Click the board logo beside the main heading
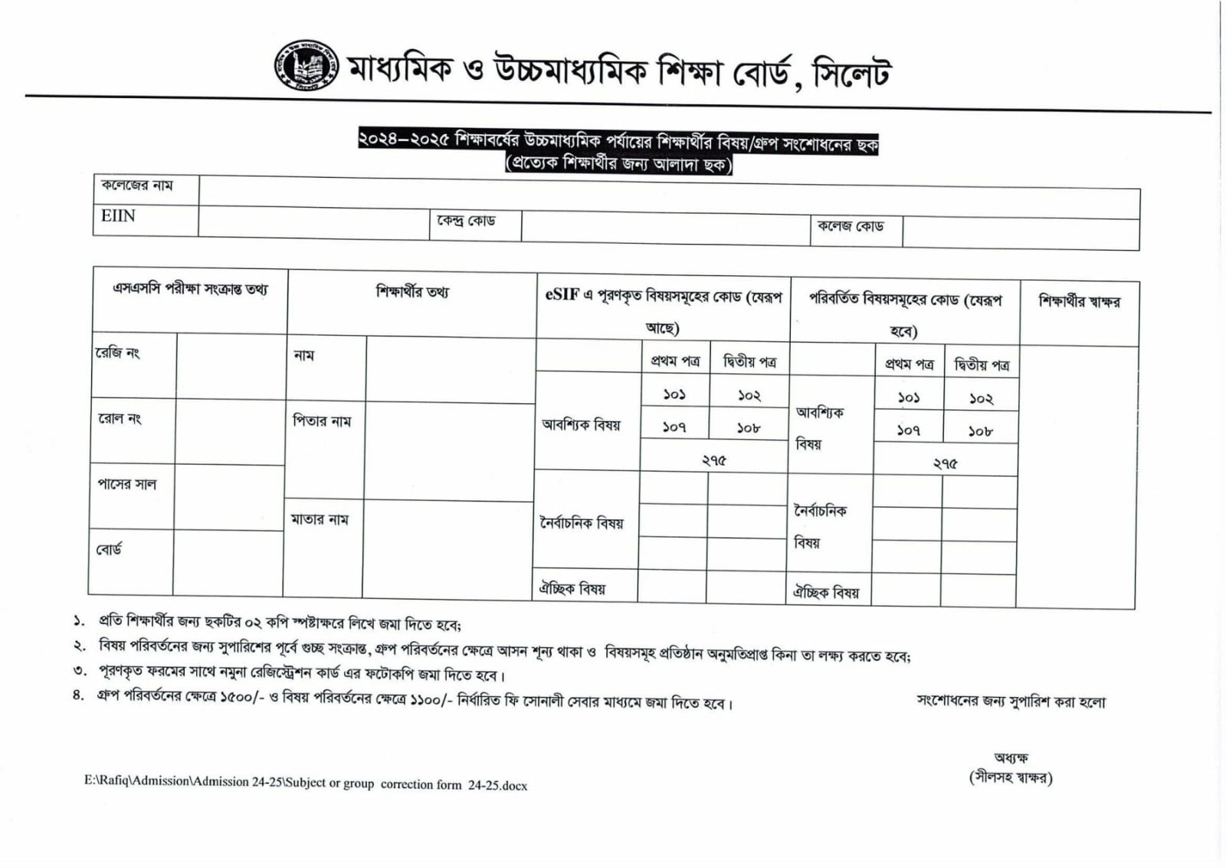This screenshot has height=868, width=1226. (306, 66)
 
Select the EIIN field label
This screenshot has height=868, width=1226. (118, 216)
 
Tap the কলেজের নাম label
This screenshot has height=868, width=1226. (137, 186)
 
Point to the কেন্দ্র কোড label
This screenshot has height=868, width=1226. (466, 221)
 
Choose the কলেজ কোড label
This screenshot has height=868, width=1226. (851, 226)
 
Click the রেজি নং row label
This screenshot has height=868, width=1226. (117, 353)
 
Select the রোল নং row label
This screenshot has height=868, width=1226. (120, 419)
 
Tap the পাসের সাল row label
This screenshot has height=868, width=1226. (126, 485)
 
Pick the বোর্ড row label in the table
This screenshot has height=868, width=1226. (109, 550)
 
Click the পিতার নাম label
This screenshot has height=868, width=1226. (322, 421)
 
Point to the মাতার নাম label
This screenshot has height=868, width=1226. (320, 520)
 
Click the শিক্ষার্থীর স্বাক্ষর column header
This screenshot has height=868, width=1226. (1079, 301)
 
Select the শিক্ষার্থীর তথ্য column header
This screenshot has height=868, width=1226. (412, 291)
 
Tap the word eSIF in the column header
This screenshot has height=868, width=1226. (562, 295)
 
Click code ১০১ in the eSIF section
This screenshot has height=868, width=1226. (674, 395)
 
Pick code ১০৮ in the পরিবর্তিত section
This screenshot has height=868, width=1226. (980, 432)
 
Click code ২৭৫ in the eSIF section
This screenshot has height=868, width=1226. (713, 461)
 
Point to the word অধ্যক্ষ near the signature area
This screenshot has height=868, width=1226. (1011, 758)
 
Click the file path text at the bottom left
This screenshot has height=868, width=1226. (306, 783)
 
